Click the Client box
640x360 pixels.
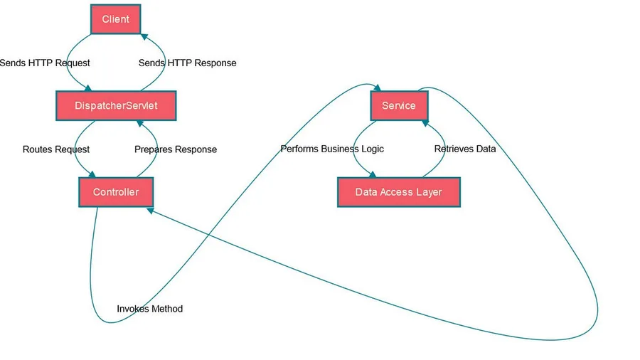point(115,19)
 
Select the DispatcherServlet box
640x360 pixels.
point(116,106)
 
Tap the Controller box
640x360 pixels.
point(116,192)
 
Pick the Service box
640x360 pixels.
point(399,106)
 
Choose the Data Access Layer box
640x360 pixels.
point(399,192)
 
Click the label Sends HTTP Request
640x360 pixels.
point(45,63)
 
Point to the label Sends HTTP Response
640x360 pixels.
point(187,63)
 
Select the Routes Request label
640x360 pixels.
point(56,149)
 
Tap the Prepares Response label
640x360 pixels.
point(176,149)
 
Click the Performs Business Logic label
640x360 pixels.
point(332,149)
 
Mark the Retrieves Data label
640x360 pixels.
point(465,149)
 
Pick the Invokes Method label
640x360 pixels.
point(150,309)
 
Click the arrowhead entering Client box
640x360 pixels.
point(144,37)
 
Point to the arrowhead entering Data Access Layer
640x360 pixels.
point(372,174)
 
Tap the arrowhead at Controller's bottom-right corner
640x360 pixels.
point(150,211)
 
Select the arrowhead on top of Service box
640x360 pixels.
point(378,88)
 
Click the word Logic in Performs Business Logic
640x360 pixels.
point(372,149)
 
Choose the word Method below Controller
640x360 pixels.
point(166,309)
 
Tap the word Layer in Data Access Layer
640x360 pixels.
point(429,192)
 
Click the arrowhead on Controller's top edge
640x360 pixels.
point(92,174)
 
